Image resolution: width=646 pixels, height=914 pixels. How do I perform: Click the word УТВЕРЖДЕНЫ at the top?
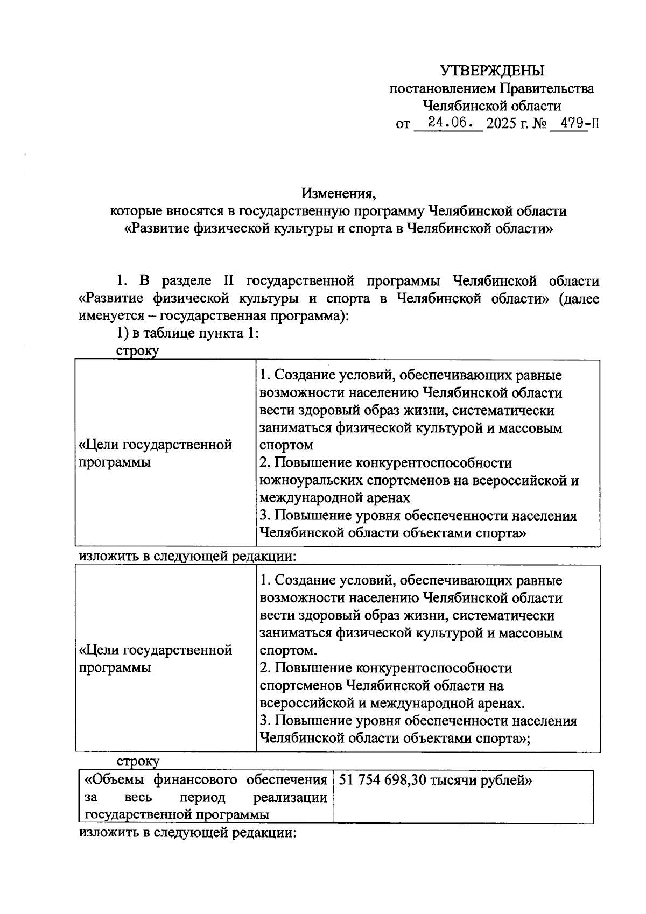click(492, 71)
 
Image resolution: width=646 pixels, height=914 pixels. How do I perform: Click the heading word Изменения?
click(337, 192)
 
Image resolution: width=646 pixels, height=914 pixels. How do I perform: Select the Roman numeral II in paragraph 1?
click(225, 281)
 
